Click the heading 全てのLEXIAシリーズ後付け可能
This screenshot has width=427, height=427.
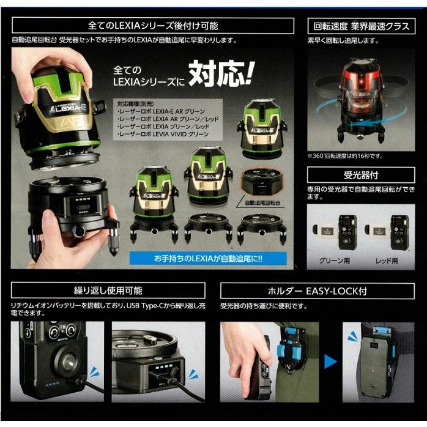153,26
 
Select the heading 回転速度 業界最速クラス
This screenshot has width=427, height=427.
362,26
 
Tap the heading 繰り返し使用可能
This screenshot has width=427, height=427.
108,290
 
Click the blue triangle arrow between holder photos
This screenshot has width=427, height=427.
330,362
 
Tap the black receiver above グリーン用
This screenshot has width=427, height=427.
347,232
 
